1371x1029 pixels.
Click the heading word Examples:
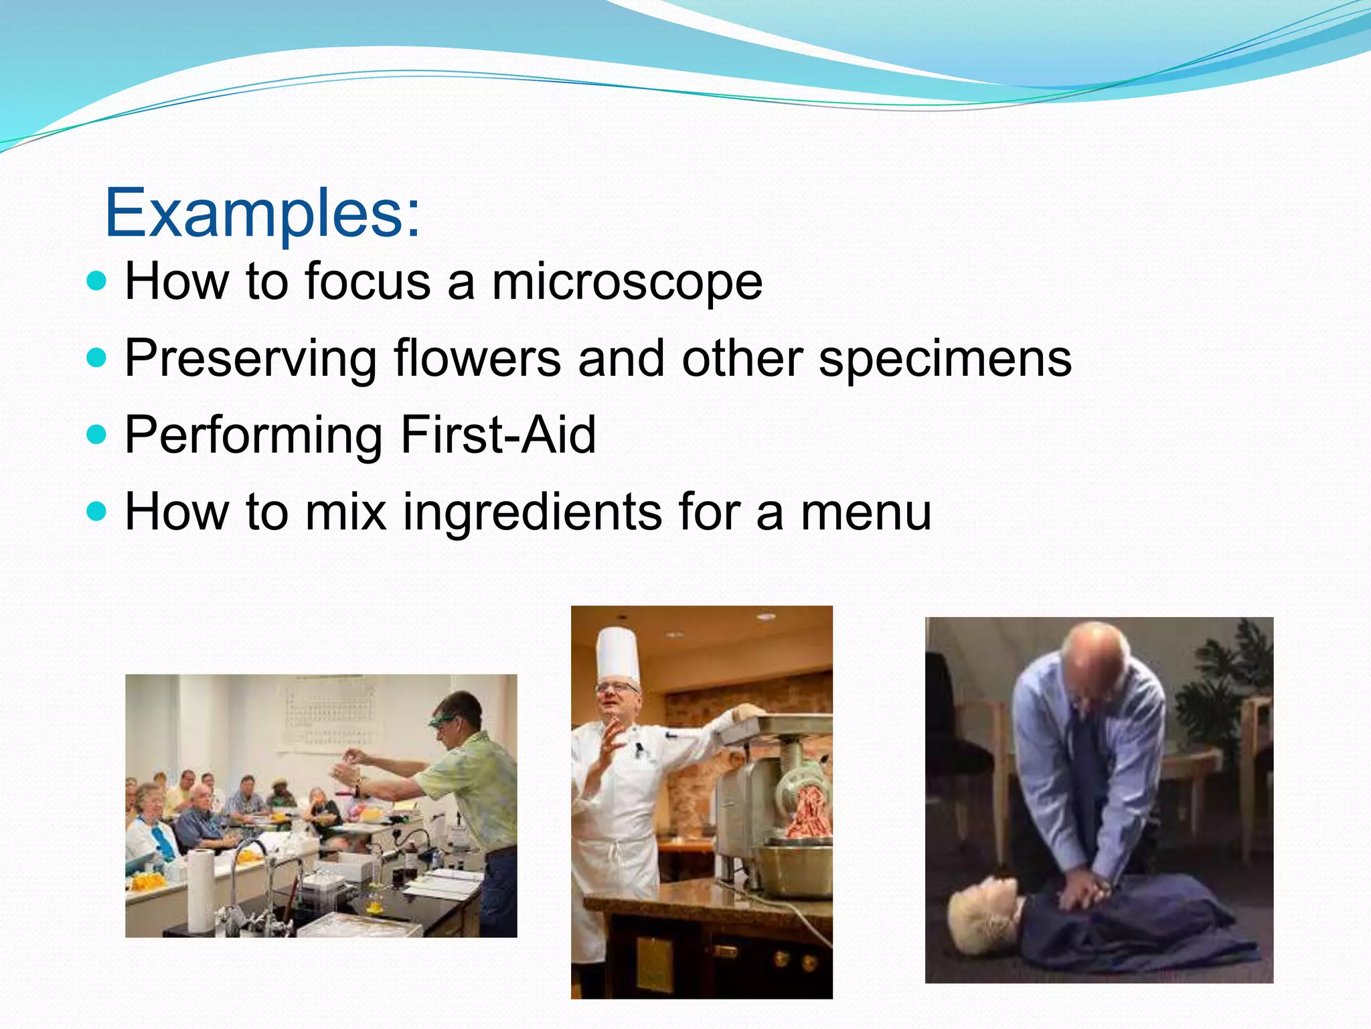tap(262, 213)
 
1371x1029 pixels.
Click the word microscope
tap(627, 281)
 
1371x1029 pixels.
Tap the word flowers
tap(477, 358)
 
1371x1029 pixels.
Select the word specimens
tap(945, 358)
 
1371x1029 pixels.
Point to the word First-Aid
tap(497, 435)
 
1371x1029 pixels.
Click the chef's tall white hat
tap(617, 653)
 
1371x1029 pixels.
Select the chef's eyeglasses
tap(617, 687)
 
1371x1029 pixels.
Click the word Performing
tap(253, 435)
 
